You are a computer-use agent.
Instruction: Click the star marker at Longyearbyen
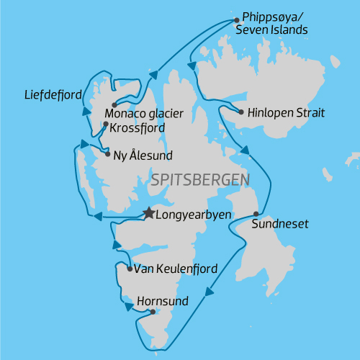click(x=148, y=213)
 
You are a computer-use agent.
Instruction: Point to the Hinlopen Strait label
click(x=287, y=113)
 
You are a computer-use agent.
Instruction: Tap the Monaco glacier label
click(x=145, y=113)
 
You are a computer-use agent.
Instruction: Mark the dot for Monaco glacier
click(x=114, y=105)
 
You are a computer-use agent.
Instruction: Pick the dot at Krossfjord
click(x=106, y=125)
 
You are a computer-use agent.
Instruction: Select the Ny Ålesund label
click(x=143, y=155)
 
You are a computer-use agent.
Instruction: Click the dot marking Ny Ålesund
click(x=107, y=154)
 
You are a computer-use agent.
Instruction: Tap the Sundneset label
click(x=280, y=225)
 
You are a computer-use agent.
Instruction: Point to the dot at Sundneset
click(x=256, y=214)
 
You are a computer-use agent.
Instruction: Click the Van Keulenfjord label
click(x=176, y=269)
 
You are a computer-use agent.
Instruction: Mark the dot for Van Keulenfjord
click(x=129, y=269)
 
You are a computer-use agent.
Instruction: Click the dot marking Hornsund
click(x=153, y=312)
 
